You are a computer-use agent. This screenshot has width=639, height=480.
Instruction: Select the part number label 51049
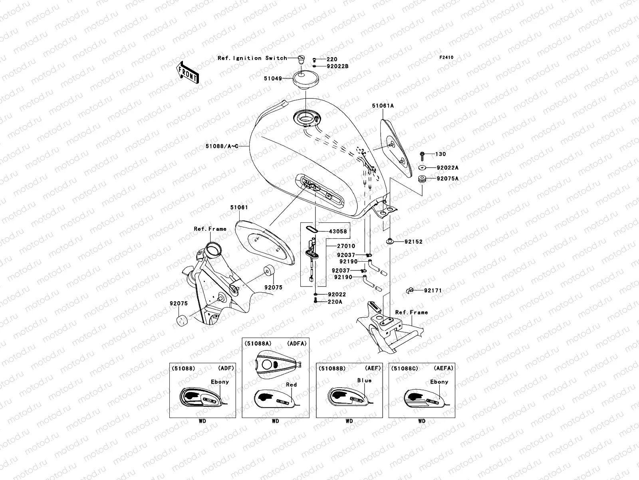272,78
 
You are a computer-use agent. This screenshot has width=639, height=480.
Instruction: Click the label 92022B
337,66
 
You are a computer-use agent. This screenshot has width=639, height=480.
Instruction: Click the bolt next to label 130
422,154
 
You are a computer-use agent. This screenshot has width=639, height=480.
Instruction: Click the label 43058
338,231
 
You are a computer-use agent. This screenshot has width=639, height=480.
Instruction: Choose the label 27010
345,246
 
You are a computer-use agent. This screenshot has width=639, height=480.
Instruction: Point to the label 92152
413,242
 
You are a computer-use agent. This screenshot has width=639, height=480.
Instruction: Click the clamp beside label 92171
409,290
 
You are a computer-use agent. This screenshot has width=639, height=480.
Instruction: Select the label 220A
335,302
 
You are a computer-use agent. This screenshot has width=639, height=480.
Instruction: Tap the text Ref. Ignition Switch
252,58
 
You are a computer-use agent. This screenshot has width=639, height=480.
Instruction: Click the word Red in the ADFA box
292,385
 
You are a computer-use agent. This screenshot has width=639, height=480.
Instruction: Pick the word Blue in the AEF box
364,380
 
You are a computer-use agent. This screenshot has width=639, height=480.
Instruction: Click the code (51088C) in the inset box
405,368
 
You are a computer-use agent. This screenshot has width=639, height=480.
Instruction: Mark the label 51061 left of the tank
239,207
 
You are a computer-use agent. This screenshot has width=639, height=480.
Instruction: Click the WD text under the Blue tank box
349,421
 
